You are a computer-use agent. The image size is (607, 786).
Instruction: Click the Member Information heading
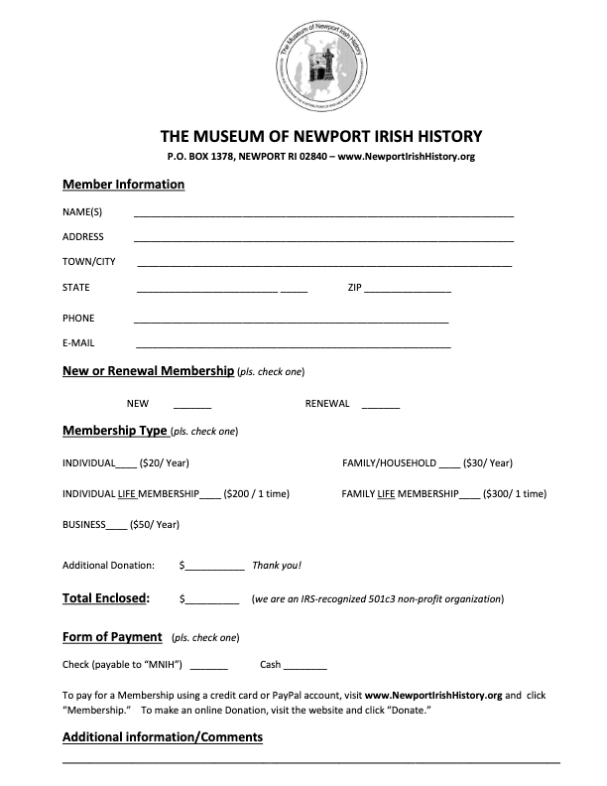123,185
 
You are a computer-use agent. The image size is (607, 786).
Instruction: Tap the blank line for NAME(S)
323,214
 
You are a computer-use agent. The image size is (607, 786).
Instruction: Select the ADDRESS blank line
323,239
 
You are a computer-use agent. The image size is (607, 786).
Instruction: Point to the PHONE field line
291,321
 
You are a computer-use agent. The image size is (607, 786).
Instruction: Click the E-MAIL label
78,343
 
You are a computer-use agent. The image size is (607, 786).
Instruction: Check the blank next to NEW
192,407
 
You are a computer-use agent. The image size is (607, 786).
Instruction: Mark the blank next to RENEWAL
381,407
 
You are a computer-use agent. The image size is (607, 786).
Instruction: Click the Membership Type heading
115,431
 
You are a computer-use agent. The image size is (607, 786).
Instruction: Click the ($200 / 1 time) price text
257,493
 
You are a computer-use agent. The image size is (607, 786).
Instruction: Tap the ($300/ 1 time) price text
515,493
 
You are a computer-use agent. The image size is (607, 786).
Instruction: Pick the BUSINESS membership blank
116,526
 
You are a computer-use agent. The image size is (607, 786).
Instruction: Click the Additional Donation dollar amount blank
214,568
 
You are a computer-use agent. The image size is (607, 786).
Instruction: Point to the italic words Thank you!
277,566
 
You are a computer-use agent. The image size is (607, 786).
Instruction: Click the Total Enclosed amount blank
211,601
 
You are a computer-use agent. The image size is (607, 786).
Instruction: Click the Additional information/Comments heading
163,737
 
